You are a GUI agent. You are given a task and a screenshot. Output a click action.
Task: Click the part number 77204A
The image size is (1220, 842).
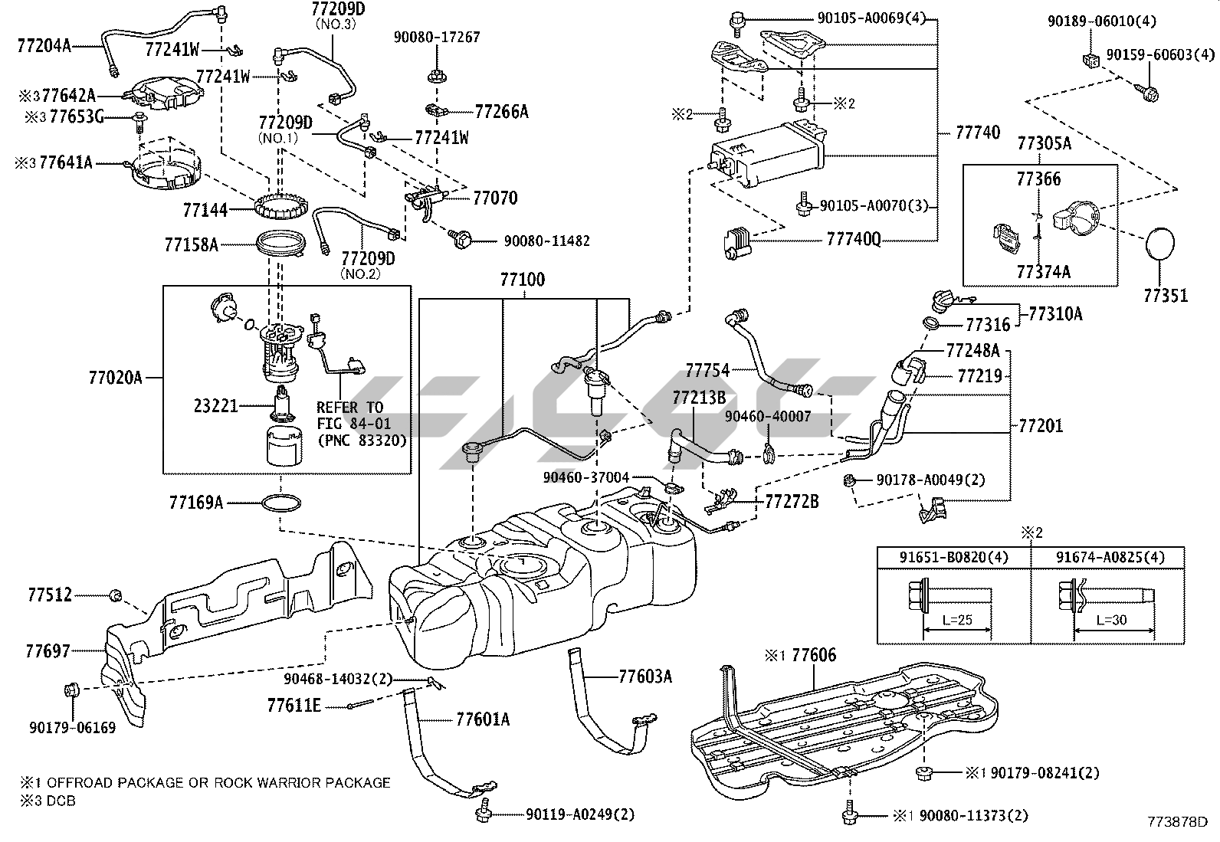(x=44, y=45)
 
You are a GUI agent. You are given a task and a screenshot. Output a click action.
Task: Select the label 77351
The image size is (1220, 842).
(x=1166, y=295)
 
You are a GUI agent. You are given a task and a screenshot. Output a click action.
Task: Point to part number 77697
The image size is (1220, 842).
(x=48, y=651)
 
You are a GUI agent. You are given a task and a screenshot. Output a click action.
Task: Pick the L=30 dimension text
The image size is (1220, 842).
(x=1111, y=619)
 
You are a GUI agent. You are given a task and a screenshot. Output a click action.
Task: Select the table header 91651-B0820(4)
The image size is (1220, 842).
(x=954, y=557)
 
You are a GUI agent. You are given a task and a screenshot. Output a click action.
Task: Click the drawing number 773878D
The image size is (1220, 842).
(x=1177, y=823)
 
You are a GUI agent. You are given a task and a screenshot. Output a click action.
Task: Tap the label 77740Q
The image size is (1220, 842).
(x=853, y=240)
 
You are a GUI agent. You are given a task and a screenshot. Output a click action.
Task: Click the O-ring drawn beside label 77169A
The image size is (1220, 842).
(x=281, y=503)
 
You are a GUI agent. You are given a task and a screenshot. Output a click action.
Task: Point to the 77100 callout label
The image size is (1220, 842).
(x=522, y=280)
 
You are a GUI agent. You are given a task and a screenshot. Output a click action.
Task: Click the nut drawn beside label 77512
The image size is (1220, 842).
(x=116, y=595)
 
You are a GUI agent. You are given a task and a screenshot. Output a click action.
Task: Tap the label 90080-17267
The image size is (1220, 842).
(x=437, y=37)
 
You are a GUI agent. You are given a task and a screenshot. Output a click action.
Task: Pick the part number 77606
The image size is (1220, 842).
(x=814, y=655)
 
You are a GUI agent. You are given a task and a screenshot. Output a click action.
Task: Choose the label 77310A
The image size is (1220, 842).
(x=1055, y=313)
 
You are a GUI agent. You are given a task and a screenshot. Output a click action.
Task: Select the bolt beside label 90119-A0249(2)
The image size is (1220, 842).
(x=484, y=814)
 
